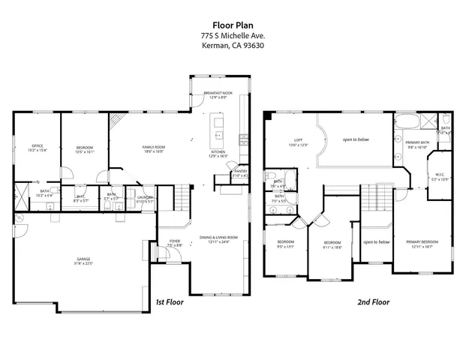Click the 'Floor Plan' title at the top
[x=233, y=24]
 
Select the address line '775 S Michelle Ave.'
[x=233, y=35]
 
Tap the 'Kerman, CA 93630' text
[x=233, y=45]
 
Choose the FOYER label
[x=174, y=242]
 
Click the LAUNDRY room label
[x=145, y=199]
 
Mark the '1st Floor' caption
[x=170, y=301]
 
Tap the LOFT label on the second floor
[x=298, y=142]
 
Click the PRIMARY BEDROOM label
[x=422, y=243]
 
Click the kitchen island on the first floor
[x=219, y=128]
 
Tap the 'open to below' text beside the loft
[x=356, y=139]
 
